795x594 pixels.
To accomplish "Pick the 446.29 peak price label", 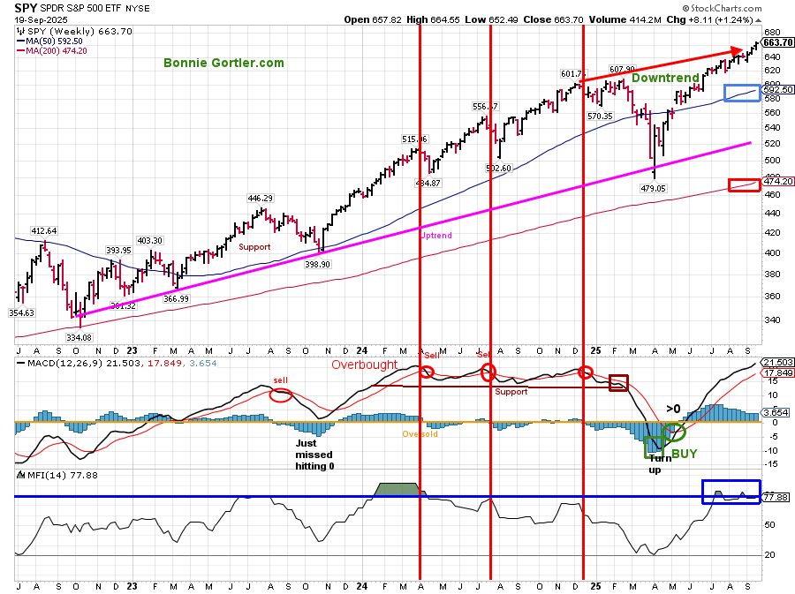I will [x=260, y=198].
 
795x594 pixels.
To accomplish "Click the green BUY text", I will [x=685, y=454].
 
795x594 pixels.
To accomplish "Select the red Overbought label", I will [x=363, y=365].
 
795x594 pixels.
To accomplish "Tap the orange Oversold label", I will [x=420, y=434].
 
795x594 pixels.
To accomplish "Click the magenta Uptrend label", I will [x=437, y=237].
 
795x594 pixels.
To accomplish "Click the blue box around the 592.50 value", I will [x=741, y=93].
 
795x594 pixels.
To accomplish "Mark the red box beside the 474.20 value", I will [x=743, y=184].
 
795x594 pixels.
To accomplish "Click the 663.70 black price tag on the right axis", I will [x=777, y=42].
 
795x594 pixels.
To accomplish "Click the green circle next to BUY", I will [x=675, y=432].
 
